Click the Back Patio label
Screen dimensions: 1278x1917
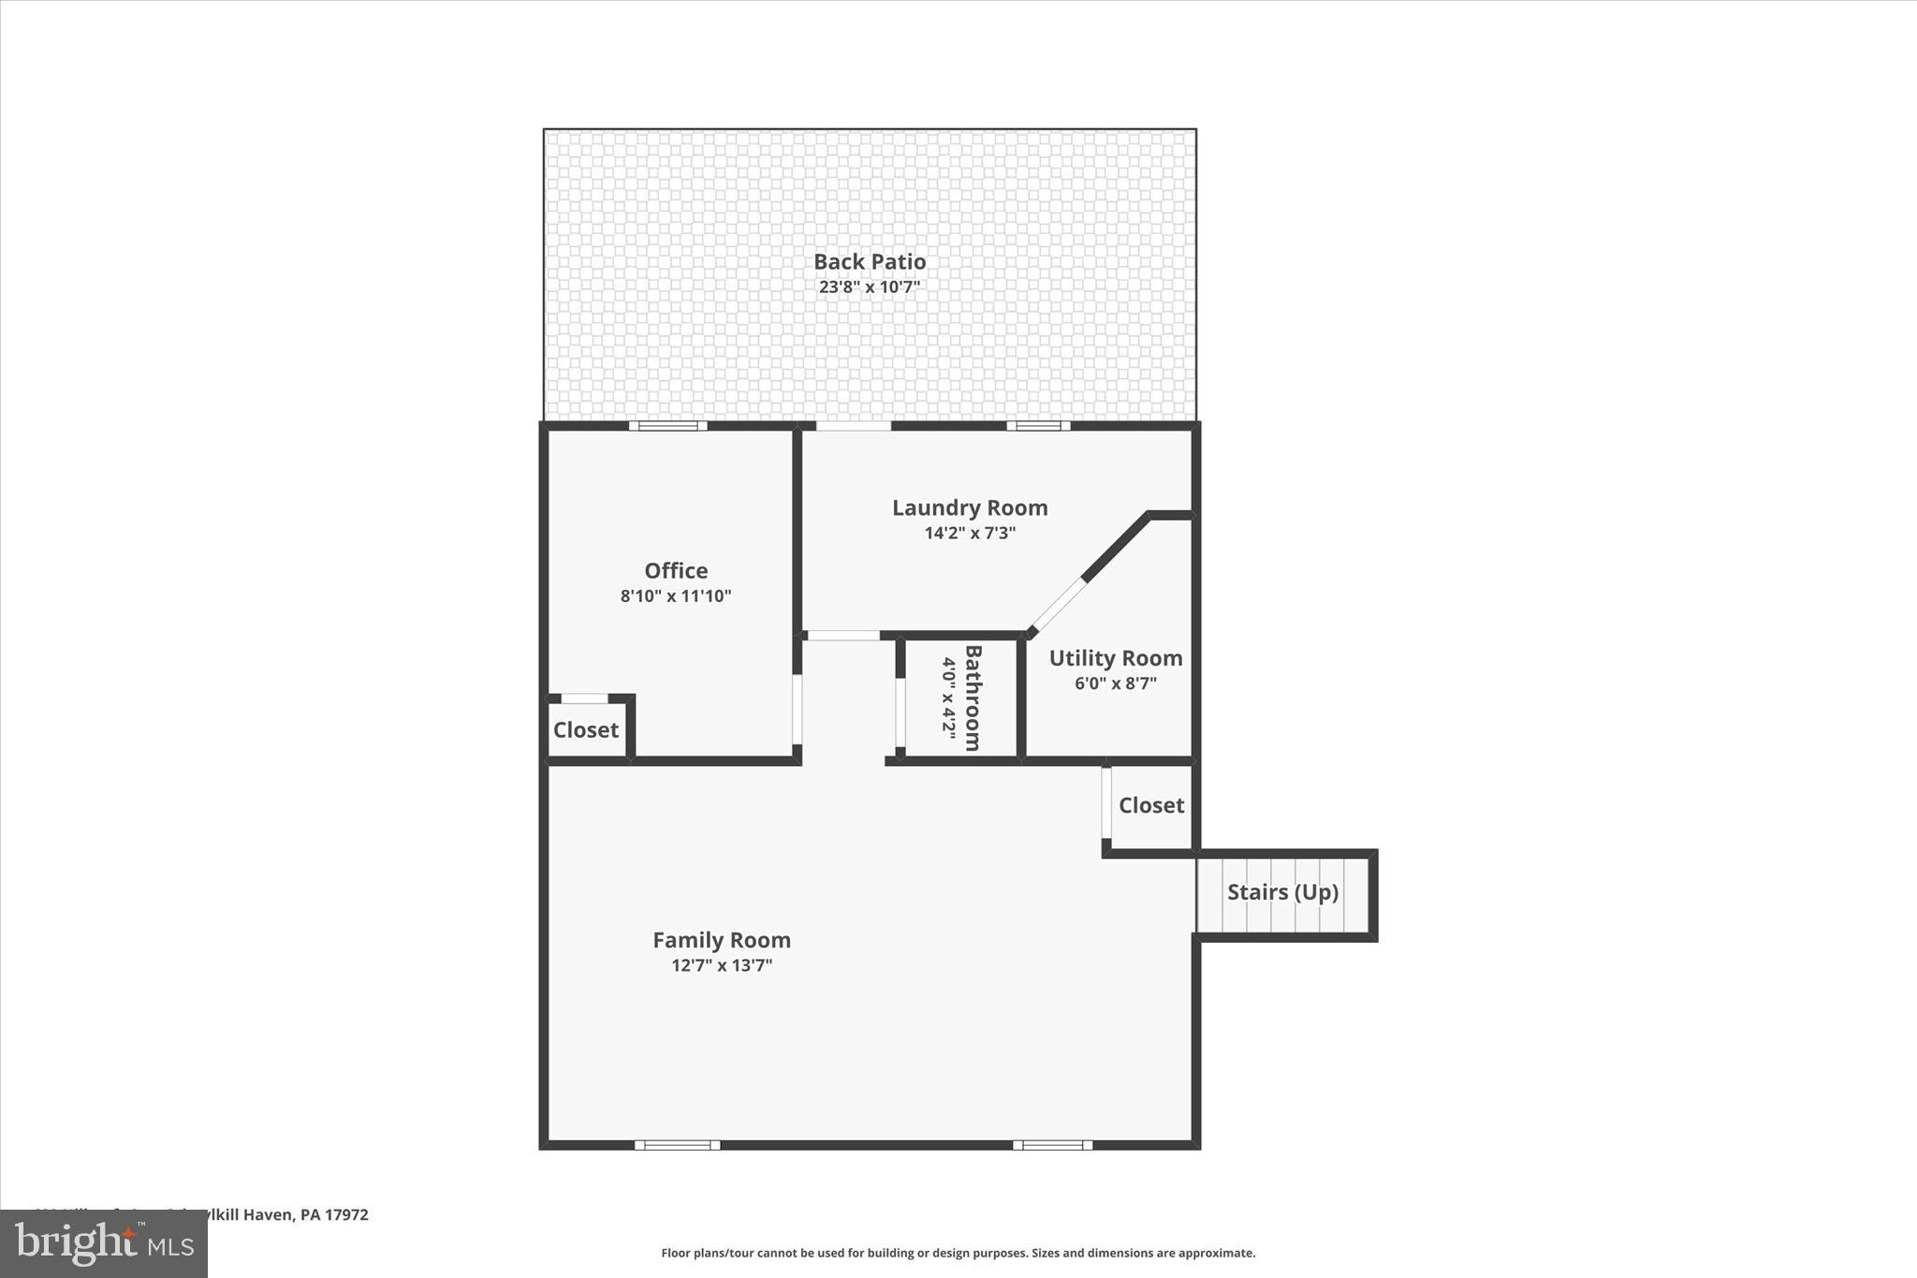[870, 262]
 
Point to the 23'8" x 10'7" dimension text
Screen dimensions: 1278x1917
[870, 287]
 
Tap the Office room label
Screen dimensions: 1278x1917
[676, 571]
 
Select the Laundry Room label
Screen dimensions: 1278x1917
[970, 508]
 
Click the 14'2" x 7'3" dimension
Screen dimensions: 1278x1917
[970, 534]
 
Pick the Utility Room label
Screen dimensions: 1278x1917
[1116, 658]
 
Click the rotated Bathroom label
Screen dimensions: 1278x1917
[973, 698]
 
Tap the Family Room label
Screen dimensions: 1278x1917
[722, 940]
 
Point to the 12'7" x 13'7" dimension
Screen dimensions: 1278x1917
[722, 965]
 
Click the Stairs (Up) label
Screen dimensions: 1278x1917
[1282, 892]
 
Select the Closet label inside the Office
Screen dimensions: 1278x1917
[586, 730]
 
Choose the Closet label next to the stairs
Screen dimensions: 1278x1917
[1151, 805]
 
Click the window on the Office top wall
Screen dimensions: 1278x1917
[667, 426]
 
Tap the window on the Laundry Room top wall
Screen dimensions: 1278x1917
[1038, 426]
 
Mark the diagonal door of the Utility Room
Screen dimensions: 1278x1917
[1058, 607]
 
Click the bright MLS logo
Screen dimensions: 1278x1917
[104, 1243]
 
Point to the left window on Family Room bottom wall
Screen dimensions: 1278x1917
[678, 1145]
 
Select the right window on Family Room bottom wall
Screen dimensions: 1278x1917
[1052, 1145]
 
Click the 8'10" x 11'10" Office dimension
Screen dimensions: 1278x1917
[676, 596]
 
